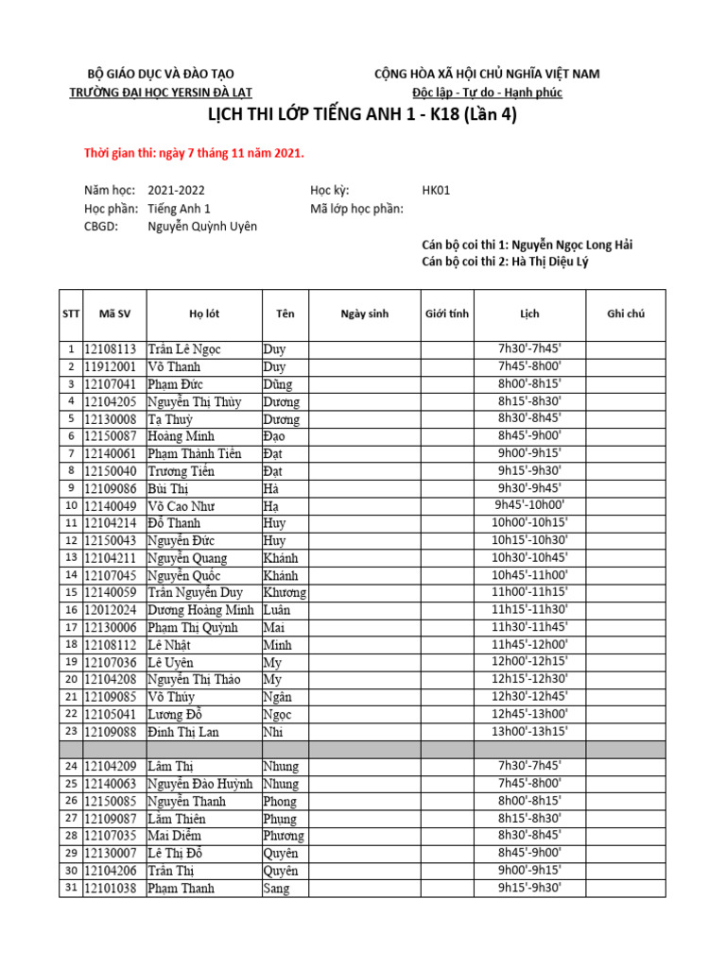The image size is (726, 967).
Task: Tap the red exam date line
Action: tap(195, 153)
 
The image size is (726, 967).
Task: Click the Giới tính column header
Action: tap(447, 314)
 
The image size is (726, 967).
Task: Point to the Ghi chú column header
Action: tap(625, 314)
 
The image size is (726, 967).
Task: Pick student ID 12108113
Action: tap(113, 349)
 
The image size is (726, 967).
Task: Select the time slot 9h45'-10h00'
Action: tap(529, 505)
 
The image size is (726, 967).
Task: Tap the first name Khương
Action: tap(284, 593)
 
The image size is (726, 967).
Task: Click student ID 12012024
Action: tap(113, 610)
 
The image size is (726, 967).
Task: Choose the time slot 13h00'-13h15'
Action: tap(529, 731)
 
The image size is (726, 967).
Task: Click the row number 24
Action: tap(71, 767)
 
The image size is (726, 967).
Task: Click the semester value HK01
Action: tap(436, 190)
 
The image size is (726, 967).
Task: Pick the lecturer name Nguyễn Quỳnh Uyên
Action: tap(202, 227)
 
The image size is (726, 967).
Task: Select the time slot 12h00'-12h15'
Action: tap(529, 662)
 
